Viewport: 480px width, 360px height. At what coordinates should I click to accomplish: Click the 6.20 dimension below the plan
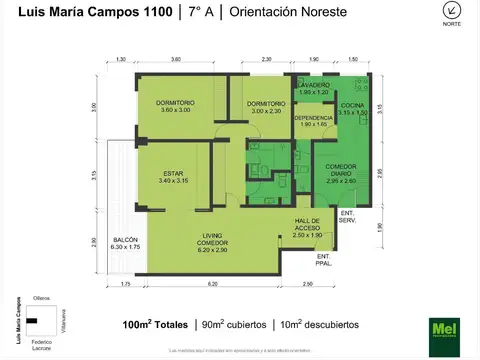point(213,285)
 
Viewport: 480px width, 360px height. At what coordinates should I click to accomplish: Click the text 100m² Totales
point(154,325)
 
